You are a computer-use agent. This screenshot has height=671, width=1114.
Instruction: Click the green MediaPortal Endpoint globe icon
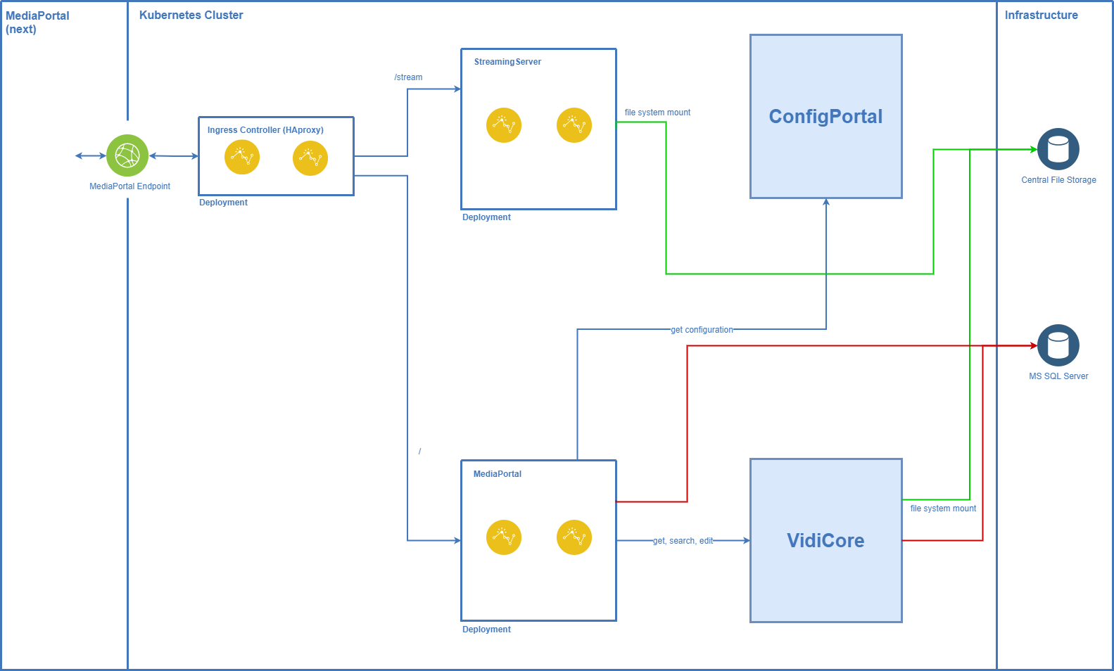[127, 155]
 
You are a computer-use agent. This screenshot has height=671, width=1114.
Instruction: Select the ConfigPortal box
[825, 117]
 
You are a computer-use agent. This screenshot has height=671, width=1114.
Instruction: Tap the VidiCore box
[825, 540]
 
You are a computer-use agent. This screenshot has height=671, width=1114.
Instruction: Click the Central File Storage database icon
[1058, 149]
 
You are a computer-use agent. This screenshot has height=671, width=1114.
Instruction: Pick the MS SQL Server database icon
[1058, 345]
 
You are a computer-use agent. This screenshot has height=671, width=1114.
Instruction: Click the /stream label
[409, 77]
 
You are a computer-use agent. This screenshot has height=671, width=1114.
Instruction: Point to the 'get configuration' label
[702, 330]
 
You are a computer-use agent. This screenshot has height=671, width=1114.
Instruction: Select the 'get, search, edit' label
[683, 541]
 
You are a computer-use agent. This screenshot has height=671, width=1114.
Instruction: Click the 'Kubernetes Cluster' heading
[191, 15]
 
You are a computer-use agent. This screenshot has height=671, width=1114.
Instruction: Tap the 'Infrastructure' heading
[1041, 15]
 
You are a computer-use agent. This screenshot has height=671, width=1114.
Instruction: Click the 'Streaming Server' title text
[507, 62]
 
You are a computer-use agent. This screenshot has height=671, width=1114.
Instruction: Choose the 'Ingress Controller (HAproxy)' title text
[265, 130]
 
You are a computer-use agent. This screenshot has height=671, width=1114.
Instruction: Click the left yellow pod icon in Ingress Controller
[242, 157]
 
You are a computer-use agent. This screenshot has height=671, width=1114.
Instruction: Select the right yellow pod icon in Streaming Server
[574, 125]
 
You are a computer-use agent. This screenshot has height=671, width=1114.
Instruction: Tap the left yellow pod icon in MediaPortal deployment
[504, 537]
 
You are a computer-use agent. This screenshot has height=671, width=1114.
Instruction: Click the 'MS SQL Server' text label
[1058, 376]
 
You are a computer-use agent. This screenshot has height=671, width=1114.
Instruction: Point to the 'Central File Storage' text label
[1058, 180]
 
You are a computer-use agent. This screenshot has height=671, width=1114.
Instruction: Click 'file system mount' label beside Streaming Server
[657, 113]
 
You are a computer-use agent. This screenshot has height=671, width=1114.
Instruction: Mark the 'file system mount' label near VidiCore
[943, 509]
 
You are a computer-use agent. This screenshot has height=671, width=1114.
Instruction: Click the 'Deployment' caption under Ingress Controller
[223, 203]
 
